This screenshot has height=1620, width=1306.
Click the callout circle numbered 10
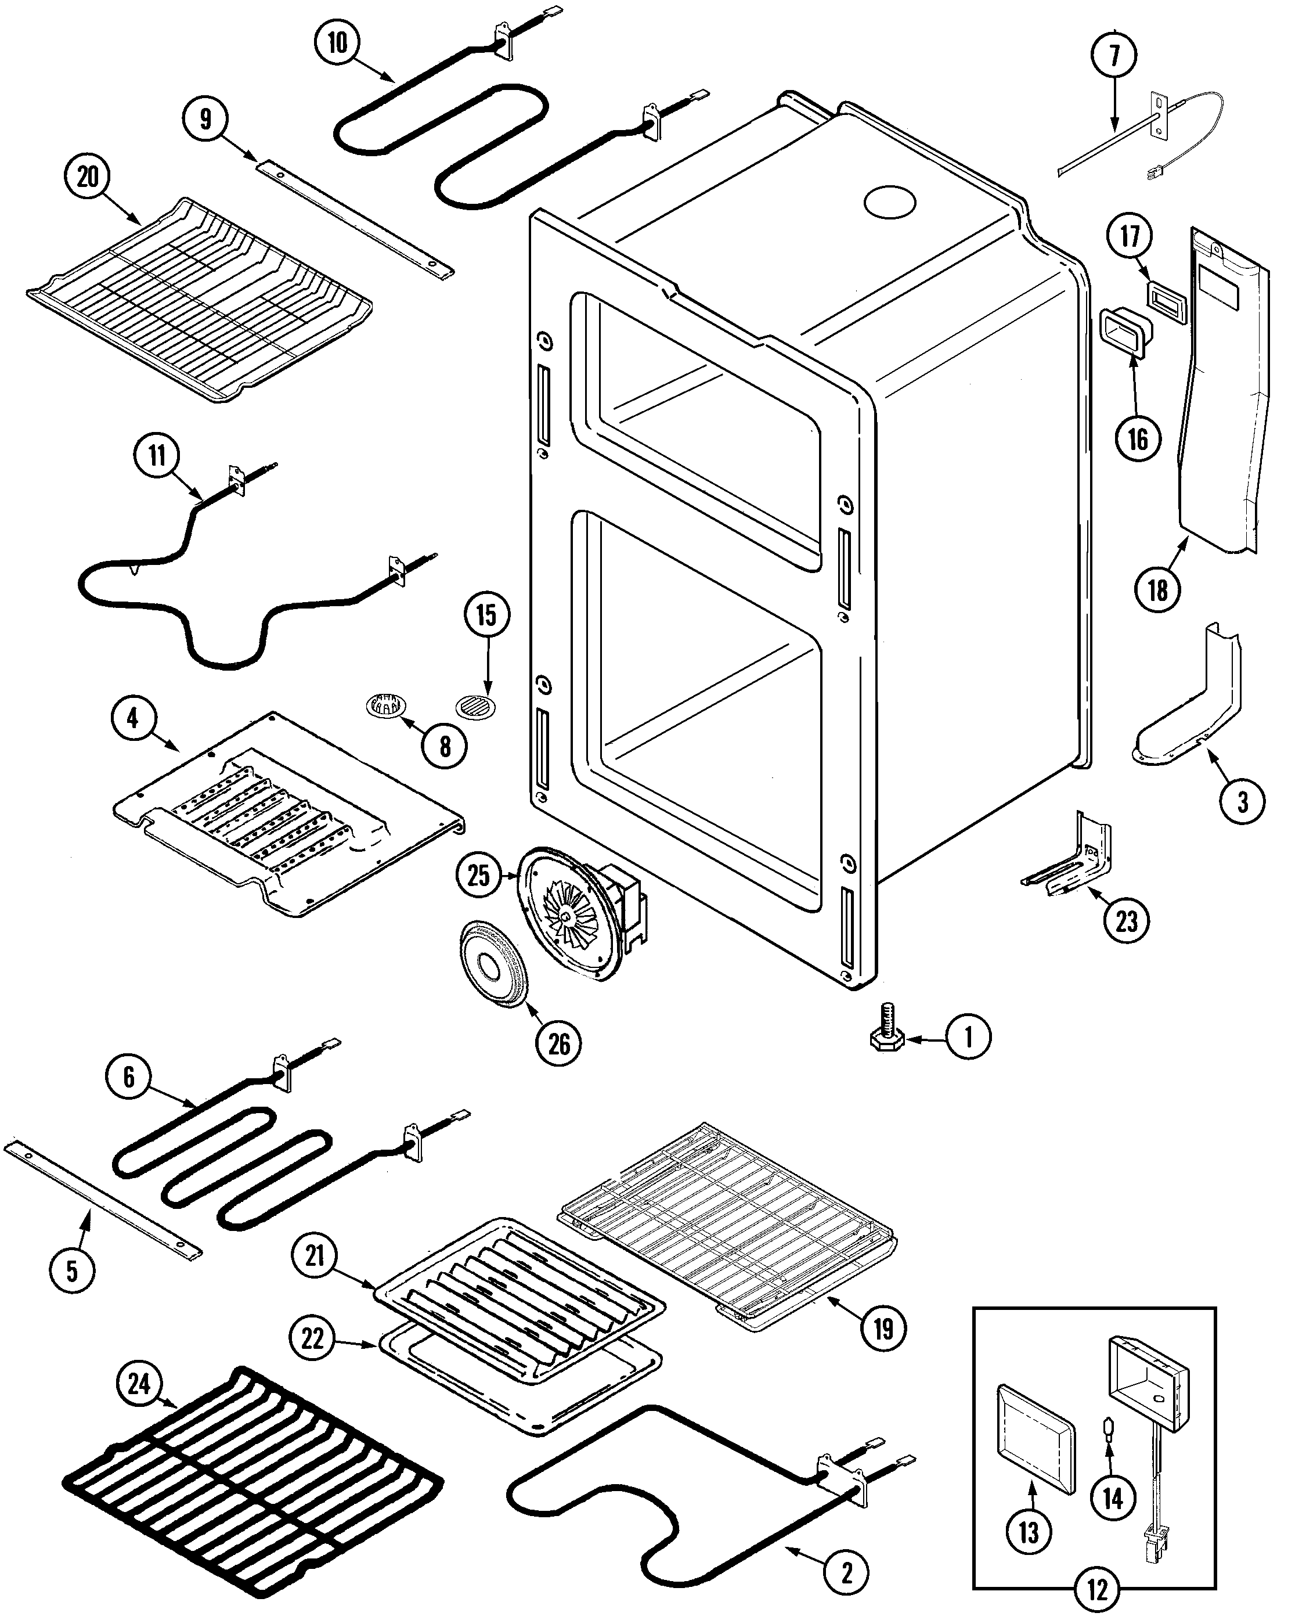338,43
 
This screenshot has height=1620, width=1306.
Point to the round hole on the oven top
889,203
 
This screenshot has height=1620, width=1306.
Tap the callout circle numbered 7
1114,55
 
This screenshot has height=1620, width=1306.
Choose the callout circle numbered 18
1157,590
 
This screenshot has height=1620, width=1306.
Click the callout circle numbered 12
1097,1590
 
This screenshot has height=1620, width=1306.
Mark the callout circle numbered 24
139,1383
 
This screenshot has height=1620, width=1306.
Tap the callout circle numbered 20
87,177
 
